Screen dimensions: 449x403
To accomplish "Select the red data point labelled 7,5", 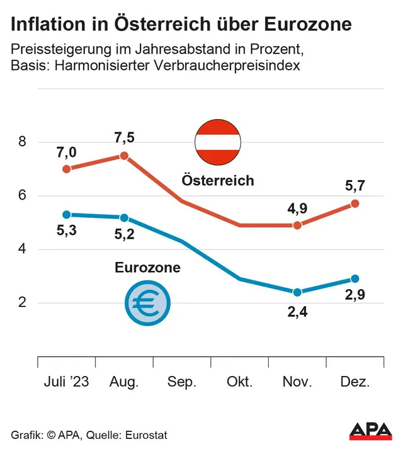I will pyautogui.click(x=124, y=156).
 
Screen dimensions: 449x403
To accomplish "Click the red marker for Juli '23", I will pyautogui.click(x=67, y=169).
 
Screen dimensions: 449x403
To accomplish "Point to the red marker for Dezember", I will pyautogui.click(x=355, y=203).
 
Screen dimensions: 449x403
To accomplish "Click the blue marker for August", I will pyautogui.click(x=124, y=218).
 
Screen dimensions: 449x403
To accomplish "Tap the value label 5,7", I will pyautogui.click(x=355, y=185).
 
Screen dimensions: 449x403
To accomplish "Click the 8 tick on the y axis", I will pyautogui.click(x=22, y=142).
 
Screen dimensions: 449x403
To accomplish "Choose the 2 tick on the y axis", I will pyautogui.click(x=22, y=303).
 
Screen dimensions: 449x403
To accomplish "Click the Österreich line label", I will pyautogui.click(x=218, y=181).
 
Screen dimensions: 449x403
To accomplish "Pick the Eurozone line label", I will pyautogui.click(x=147, y=268).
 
